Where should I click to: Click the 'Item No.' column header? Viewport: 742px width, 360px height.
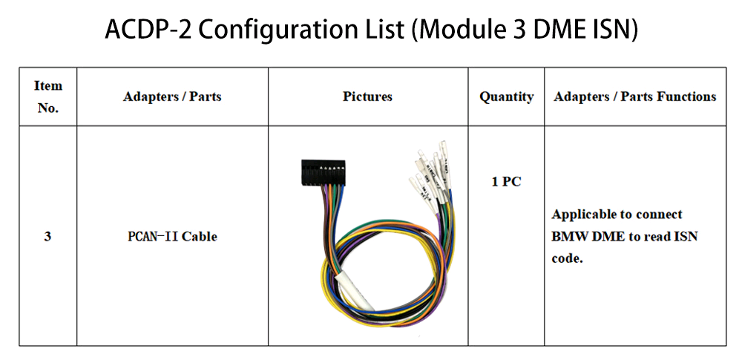pos(48,96)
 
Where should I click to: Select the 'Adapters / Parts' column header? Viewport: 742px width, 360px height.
pos(172,96)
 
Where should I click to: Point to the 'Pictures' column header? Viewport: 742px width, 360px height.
pos(367,96)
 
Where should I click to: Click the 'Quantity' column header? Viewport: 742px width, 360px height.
pos(506,96)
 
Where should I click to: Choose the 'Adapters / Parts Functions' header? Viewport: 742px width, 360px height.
pos(635,96)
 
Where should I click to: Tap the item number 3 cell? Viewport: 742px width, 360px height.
pos(47,237)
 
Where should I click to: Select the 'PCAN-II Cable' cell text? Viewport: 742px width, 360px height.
pos(172,237)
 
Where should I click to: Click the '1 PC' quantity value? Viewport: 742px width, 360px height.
pos(506,181)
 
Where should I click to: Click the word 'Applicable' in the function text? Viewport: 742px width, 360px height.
pos(584,215)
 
